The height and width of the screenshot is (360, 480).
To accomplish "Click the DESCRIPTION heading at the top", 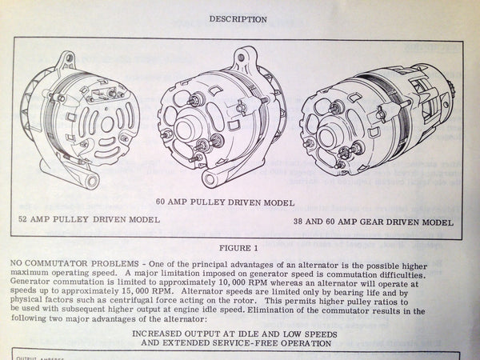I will pyautogui.click(x=238, y=18).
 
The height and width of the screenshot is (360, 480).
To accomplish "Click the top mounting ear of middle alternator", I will pyautogui.click(x=242, y=57).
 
